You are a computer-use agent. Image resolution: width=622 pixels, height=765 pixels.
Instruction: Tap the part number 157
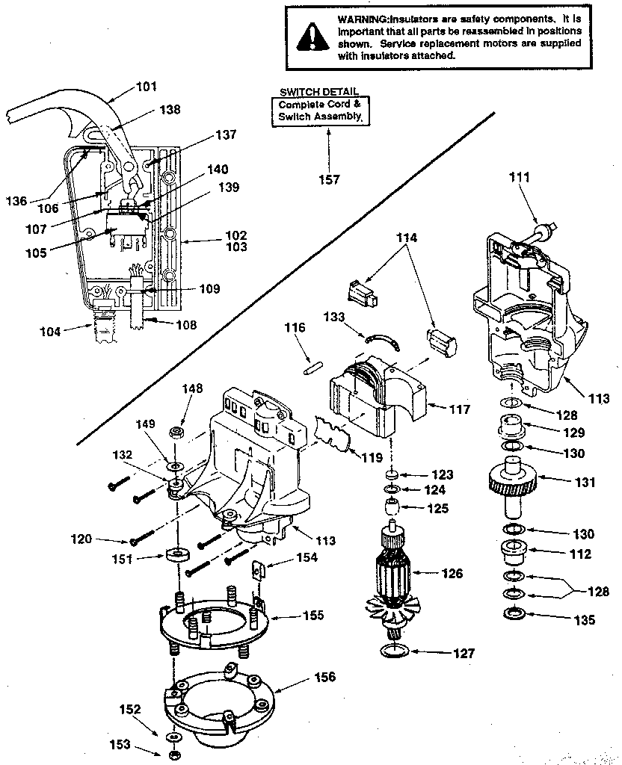(x=329, y=179)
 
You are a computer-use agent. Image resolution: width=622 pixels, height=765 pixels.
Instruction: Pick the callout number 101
(x=147, y=87)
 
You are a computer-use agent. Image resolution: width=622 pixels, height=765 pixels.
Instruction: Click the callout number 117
(x=460, y=409)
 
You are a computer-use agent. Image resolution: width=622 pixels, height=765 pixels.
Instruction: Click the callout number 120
(x=102, y=538)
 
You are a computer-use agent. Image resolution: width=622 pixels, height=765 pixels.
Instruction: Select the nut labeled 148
(x=178, y=433)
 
